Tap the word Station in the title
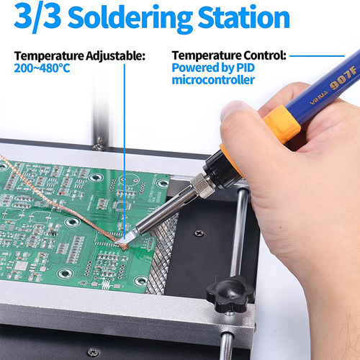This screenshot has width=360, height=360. [x=244, y=17]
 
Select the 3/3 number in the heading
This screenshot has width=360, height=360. [x=37, y=17]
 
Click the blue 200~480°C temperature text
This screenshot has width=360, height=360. [x=42, y=68]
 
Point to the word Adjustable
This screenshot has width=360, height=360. [x=115, y=56]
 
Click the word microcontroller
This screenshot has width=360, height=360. [x=213, y=80]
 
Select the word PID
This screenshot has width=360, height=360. [x=246, y=68]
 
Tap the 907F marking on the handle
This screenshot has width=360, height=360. [x=343, y=78]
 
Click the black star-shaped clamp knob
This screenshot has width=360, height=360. [x=230, y=294]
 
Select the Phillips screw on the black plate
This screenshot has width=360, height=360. [x=199, y=233]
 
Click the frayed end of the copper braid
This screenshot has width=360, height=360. [x=123, y=246]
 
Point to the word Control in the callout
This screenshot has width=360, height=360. [x=265, y=55]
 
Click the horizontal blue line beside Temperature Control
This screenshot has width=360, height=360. [x=317, y=56]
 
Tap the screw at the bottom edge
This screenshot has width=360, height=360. [x=94, y=352]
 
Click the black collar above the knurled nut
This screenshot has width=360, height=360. [x=221, y=168]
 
